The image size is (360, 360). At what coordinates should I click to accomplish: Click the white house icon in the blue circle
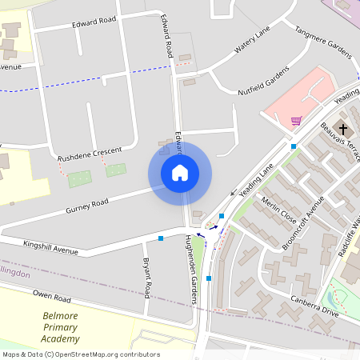180,172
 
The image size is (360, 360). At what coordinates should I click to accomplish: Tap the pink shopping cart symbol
296,121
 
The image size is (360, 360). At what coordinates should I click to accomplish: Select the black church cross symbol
344,129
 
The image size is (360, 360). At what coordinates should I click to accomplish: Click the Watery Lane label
253,41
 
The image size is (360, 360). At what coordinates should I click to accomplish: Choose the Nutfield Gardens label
263,81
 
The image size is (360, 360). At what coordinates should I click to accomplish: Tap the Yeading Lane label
257,178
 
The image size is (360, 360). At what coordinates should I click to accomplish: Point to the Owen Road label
52,298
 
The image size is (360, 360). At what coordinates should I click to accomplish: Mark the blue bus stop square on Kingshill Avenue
161,238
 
